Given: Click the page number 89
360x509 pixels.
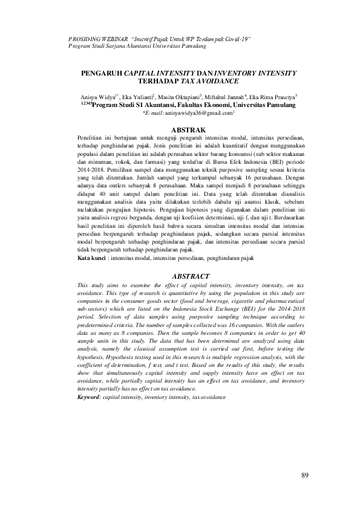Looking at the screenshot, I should (x=304, y=475).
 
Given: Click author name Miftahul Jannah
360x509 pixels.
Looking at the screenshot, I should (x=223, y=97).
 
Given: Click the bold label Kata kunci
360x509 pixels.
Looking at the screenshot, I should (x=92, y=258).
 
